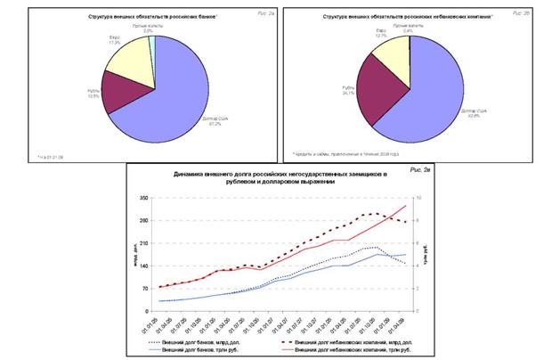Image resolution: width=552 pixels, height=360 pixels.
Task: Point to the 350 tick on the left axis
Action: point(142,198)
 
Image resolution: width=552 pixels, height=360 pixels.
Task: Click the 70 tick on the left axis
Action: point(143,287)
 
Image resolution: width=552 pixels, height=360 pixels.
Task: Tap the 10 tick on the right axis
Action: point(408,198)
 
